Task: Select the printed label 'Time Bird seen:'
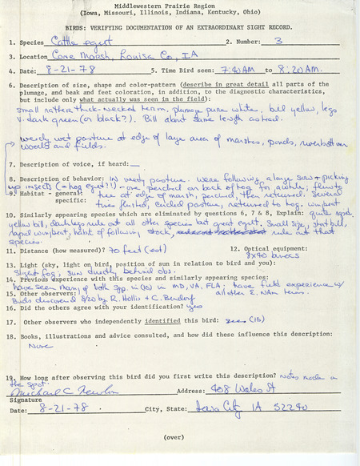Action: pos(178,71)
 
